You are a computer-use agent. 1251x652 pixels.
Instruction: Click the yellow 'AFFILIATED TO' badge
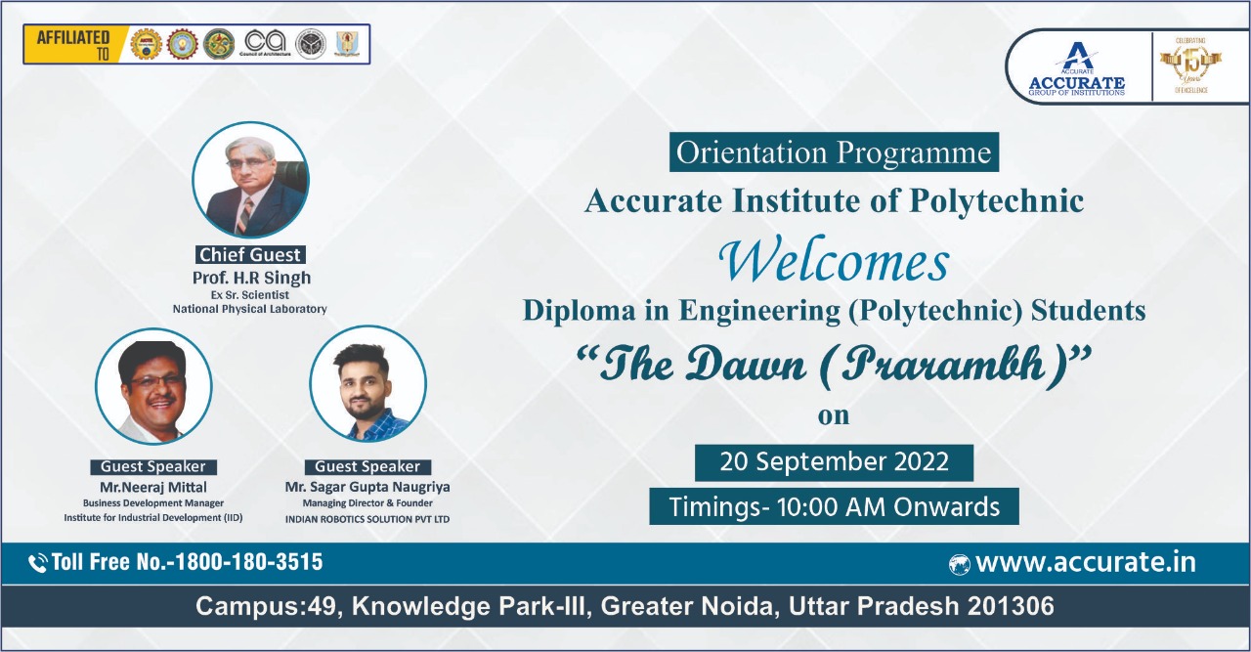tap(73, 44)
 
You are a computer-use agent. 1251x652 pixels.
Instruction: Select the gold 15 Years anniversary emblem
tap(1190, 65)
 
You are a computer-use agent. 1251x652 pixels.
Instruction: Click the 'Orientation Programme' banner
tap(834, 153)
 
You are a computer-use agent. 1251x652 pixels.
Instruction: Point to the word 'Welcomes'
tap(834, 261)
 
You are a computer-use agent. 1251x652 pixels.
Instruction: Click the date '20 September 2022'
tap(834, 462)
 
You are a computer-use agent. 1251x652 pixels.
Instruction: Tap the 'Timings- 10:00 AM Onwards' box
tap(834, 507)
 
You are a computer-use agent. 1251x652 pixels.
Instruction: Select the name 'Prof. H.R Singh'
tap(251, 279)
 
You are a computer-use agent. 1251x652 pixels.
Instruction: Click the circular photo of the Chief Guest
tap(250, 181)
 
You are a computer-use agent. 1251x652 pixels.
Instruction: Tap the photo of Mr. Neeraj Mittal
tap(153, 386)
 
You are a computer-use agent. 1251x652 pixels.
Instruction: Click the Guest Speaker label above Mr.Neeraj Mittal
tap(153, 467)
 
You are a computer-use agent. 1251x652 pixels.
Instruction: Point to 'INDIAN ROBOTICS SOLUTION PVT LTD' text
tap(367, 519)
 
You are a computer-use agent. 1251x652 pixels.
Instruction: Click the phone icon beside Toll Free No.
tap(38, 563)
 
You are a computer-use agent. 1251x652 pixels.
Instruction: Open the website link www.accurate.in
tap(1085, 563)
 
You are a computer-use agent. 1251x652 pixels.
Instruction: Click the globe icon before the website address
tap(959, 564)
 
